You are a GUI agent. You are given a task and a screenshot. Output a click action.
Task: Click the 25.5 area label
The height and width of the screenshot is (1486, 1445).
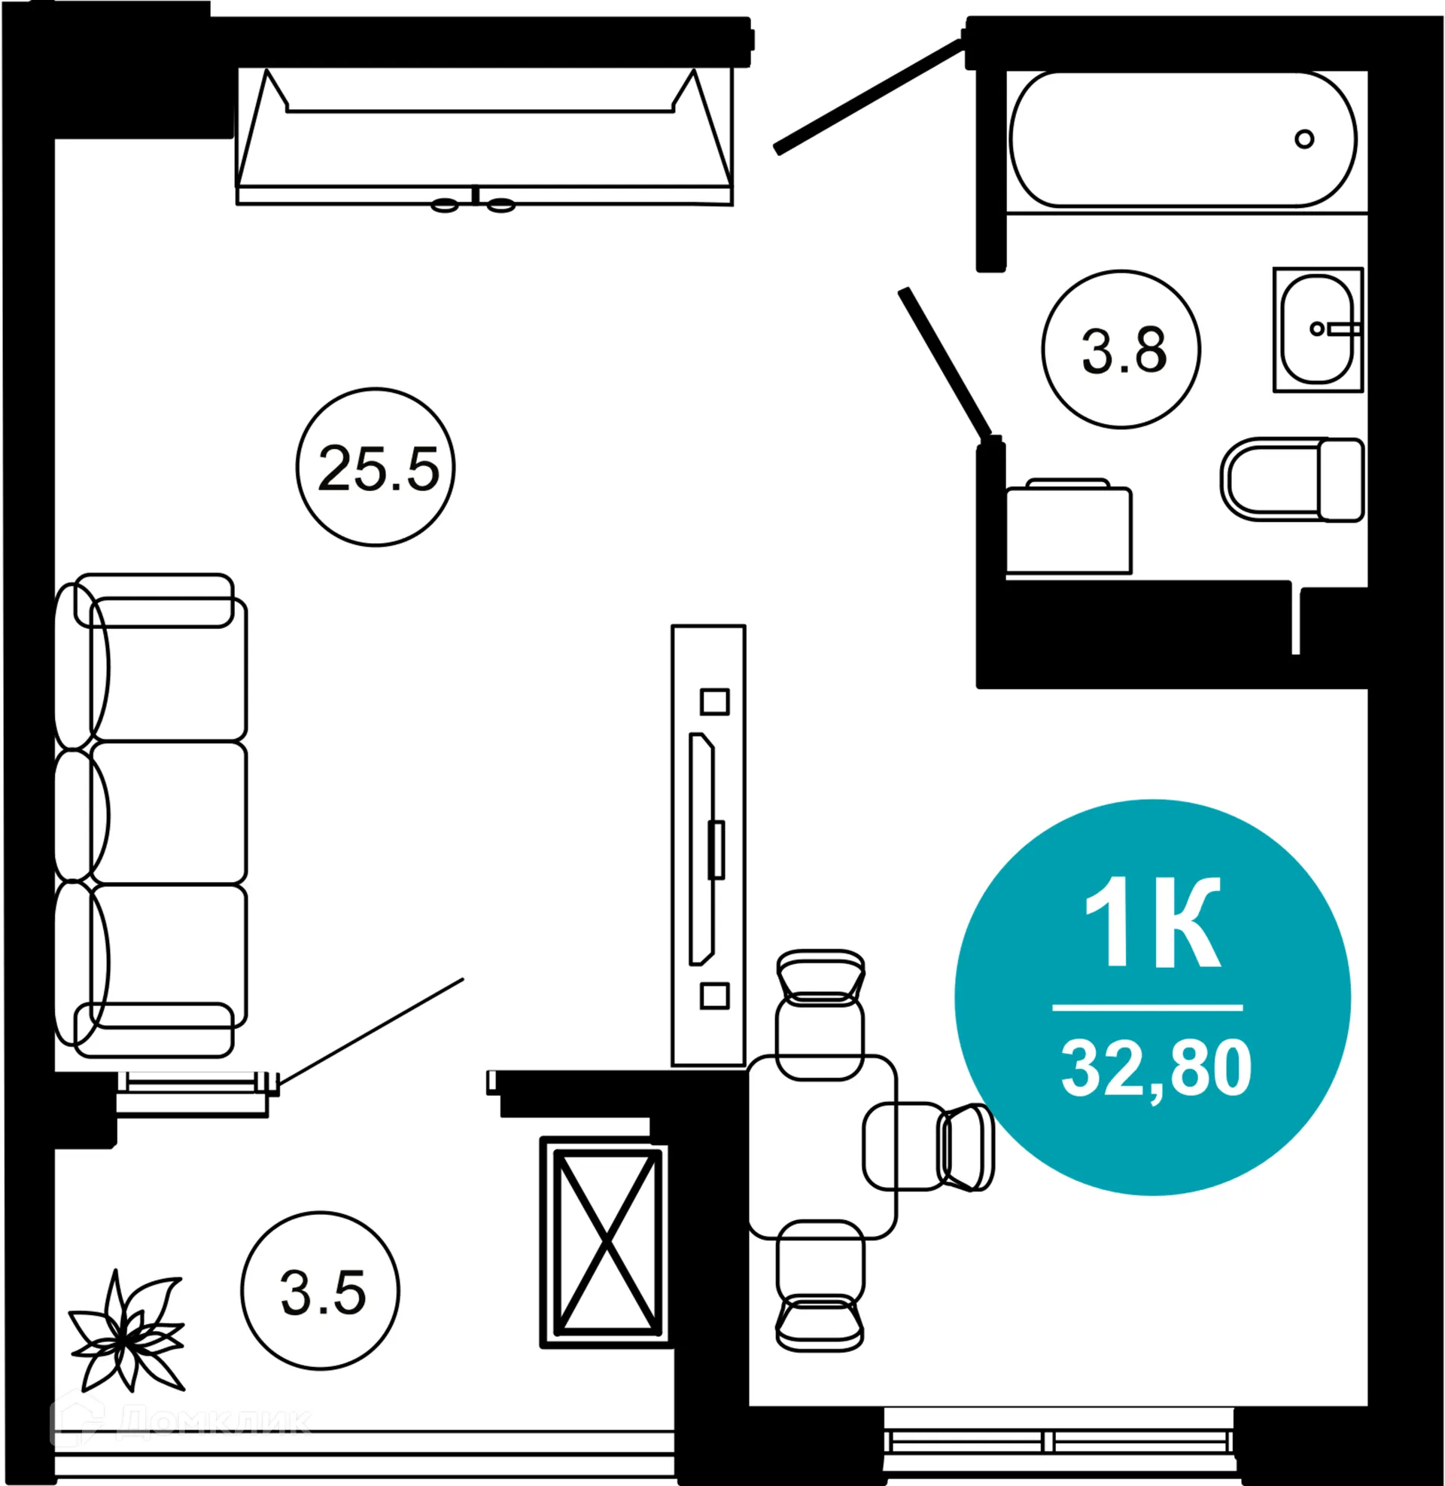coord(377,468)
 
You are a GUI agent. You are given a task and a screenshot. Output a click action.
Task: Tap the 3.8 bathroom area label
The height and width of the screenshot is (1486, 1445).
coord(1122,350)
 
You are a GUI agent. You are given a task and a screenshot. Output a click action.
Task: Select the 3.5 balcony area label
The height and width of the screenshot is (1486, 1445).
coord(323,1293)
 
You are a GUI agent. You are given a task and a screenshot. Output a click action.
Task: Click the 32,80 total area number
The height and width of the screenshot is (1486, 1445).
coord(1156,1069)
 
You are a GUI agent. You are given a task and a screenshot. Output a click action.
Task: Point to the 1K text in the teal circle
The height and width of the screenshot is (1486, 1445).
coord(1152,923)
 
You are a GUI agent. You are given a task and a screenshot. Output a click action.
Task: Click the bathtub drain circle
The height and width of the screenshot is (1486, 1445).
coord(1304,139)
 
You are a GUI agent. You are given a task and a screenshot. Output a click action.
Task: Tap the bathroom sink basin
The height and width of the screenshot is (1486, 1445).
coord(1316,329)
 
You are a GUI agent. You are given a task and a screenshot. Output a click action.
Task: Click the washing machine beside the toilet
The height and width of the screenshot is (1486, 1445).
coord(1068,529)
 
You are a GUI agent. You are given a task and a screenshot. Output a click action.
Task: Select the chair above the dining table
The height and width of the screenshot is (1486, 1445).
coord(820,1013)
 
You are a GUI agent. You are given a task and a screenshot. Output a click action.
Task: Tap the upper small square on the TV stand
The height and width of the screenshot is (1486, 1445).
coord(714,702)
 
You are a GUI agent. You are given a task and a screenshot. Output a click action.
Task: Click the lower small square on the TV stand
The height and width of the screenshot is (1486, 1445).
coord(714,996)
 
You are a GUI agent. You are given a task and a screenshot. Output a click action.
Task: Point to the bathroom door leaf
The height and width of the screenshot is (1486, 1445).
coord(945,362)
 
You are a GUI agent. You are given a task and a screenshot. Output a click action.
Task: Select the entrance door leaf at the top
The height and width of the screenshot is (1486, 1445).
coord(869,95)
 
